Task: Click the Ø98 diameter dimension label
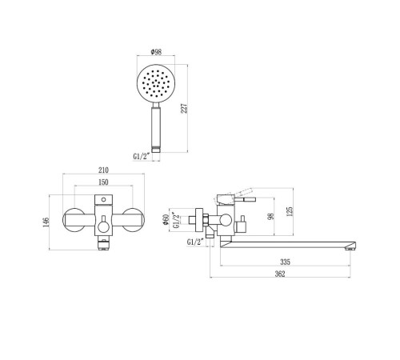[x=156, y=52]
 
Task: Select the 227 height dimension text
[x=184, y=108]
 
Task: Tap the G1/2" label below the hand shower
[x=142, y=156]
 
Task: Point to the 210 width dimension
[x=103, y=170]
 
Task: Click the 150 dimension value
[x=103, y=182]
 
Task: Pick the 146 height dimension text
[x=46, y=222]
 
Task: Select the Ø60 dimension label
[x=166, y=219]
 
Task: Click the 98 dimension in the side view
[x=270, y=216]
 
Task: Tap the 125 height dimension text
[x=290, y=211]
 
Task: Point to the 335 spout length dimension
[x=285, y=262]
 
